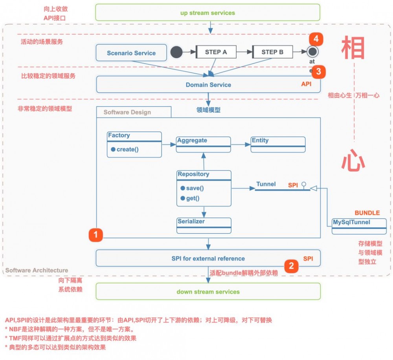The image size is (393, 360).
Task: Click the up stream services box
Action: click(x=208, y=13)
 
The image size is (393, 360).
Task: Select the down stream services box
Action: click(x=208, y=291)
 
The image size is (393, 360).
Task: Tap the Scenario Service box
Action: click(x=131, y=53)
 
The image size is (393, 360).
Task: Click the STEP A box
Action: click(x=216, y=52)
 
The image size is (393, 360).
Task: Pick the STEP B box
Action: click(x=272, y=52)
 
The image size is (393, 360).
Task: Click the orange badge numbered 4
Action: click(x=316, y=39)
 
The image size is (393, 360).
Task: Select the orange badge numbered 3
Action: click(x=318, y=71)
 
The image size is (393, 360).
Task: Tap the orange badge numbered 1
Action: click(x=95, y=235)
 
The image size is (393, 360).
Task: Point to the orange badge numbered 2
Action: click(x=291, y=265)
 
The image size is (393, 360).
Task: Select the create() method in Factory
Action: click(x=127, y=149)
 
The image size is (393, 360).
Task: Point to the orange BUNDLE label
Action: click(x=367, y=213)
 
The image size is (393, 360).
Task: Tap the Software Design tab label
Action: click(x=127, y=112)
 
